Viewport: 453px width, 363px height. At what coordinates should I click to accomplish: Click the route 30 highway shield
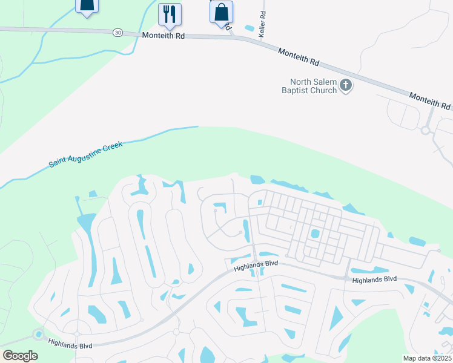[116, 32]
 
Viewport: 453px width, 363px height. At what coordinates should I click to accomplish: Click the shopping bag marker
[221, 12]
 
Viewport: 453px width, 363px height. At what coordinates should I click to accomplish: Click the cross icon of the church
[346, 85]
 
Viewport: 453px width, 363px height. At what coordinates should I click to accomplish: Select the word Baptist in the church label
[296, 90]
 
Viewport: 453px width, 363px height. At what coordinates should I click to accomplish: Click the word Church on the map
[325, 90]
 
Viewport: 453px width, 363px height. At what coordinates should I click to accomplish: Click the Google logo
[20, 355]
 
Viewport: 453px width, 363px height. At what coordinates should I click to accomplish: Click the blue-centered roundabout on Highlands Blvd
[39, 333]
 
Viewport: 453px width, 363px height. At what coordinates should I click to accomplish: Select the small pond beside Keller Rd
[249, 28]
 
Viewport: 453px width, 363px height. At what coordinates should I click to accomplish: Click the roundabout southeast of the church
[425, 129]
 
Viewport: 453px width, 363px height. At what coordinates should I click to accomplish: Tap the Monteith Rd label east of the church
[429, 100]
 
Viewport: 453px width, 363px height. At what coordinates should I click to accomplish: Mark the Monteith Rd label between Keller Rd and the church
[298, 57]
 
